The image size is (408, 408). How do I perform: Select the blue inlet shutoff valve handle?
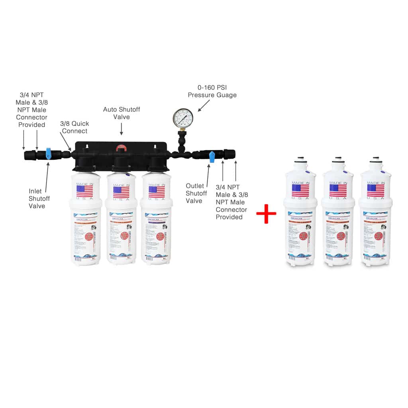[x=48, y=153]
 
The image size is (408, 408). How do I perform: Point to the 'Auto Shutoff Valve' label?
[x=122, y=113]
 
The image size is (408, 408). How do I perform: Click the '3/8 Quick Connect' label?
[x=74, y=127]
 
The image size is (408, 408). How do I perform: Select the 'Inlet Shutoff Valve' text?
[x=37, y=198]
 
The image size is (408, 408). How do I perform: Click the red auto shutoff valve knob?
[x=121, y=149]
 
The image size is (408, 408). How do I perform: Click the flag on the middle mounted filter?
[x=121, y=192]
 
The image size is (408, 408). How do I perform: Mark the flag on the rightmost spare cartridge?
[x=375, y=190]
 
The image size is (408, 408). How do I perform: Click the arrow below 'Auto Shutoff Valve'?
[x=122, y=128]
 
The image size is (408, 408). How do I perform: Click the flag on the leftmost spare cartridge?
[x=300, y=190]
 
